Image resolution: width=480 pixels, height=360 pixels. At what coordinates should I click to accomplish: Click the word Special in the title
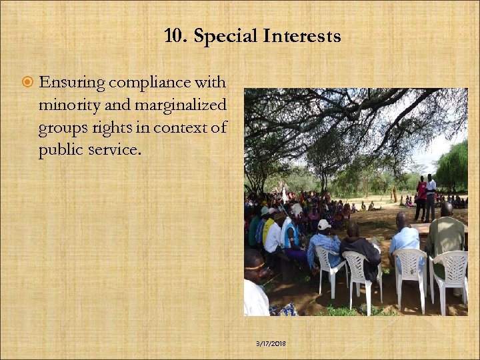click(x=225, y=36)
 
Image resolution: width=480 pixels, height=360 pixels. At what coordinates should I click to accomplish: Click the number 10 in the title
click(x=175, y=36)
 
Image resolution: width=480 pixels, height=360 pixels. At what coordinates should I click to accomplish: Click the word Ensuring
click(x=72, y=83)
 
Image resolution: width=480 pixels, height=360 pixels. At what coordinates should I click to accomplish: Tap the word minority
click(x=69, y=105)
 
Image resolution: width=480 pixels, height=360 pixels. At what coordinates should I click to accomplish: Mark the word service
click(x=116, y=149)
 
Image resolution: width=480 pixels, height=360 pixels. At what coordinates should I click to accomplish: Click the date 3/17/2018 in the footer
click(x=271, y=343)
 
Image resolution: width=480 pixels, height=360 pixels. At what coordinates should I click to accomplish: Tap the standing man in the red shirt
click(x=421, y=197)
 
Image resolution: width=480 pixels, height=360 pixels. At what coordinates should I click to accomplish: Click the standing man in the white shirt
click(x=431, y=195)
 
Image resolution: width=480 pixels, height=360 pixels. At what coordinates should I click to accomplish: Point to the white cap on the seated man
click(x=324, y=224)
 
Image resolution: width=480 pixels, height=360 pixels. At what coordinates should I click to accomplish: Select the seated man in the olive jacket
click(x=446, y=237)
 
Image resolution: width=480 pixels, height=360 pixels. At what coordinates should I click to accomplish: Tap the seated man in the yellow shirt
click(x=269, y=230)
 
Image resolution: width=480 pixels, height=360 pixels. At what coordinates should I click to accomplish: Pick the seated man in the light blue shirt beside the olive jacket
click(x=404, y=239)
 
